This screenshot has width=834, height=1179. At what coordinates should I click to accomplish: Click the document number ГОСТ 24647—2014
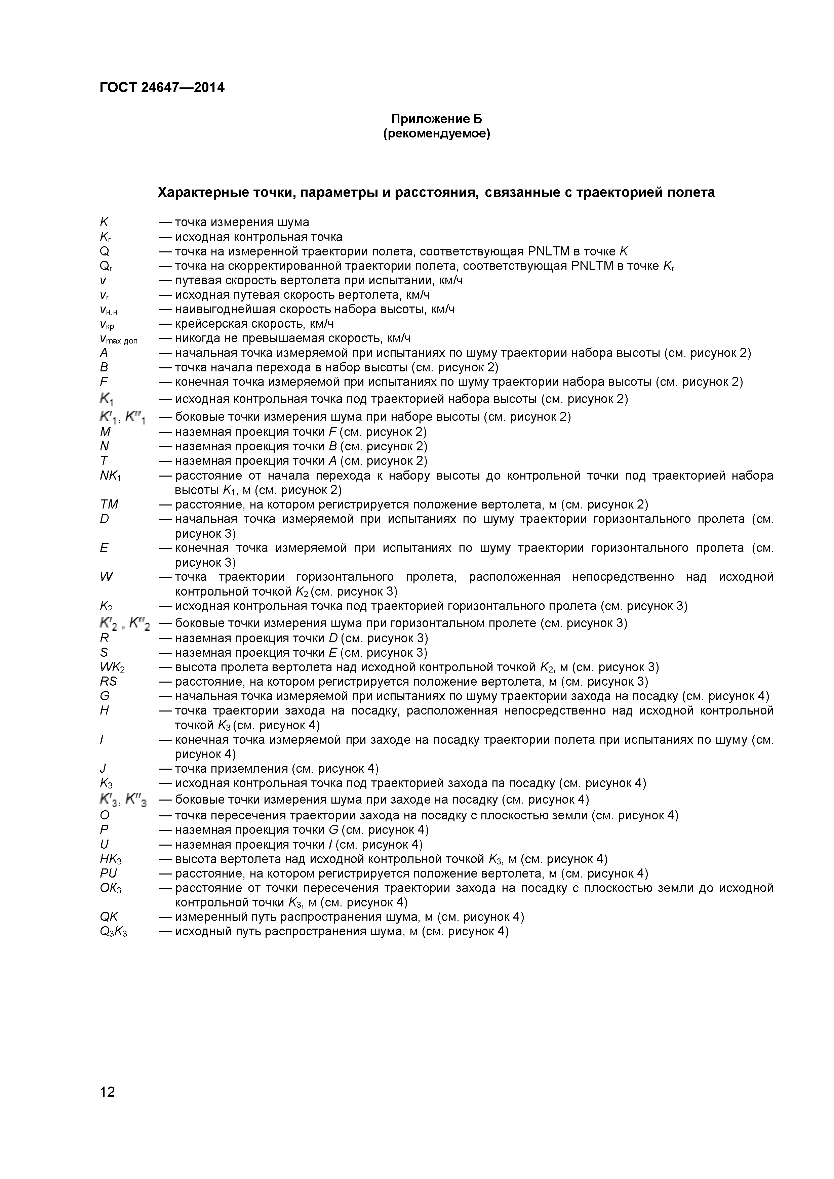tap(162, 88)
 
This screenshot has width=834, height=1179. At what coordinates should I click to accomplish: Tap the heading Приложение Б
tap(437, 119)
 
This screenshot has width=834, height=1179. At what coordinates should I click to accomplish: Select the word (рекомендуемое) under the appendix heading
tap(437, 134)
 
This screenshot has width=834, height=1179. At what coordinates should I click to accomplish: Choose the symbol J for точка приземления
tap(103, 769)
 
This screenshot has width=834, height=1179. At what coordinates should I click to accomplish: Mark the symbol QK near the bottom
tap(109, 917)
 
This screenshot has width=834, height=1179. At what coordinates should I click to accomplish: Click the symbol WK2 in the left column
tap(113, 667)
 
